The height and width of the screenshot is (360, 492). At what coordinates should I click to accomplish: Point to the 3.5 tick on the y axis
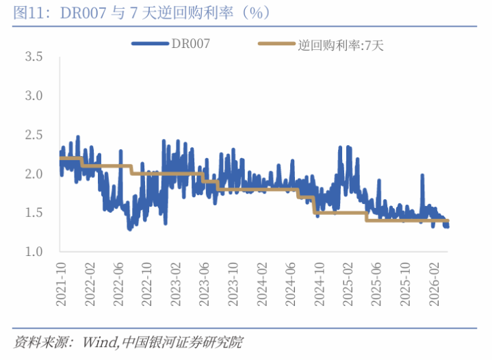coord(34,57)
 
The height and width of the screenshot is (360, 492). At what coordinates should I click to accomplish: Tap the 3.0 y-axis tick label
coord(34,96)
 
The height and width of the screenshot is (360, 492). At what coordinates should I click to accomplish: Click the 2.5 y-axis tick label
coord(34,135)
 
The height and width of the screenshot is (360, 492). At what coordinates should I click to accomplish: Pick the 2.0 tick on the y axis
coord(34,174)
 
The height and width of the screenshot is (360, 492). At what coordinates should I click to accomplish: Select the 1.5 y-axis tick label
coord(34,213)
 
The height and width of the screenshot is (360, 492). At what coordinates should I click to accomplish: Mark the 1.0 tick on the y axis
coord(34,252)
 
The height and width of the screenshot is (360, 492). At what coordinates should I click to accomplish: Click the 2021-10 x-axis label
coord(61,277)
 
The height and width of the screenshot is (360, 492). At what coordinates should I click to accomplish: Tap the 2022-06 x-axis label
coord(119,277)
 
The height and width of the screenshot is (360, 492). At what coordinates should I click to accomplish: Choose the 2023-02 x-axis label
coord(177,277)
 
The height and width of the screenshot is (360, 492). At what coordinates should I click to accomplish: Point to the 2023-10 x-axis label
coord(235,277)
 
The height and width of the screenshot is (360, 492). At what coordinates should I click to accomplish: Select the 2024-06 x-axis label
coord(292,277)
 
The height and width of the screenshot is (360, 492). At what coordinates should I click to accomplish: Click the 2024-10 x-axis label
coord(321,277)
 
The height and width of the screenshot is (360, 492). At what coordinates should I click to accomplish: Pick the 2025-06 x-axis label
coord(378,277)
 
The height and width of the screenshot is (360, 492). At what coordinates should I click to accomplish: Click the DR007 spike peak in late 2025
coord(422,176)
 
